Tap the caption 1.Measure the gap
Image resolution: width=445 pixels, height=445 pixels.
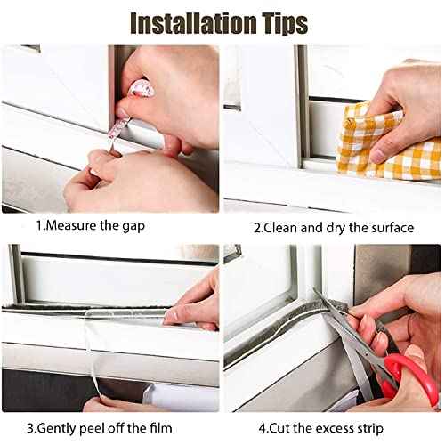[111, 227]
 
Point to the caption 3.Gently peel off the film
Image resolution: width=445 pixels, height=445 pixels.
[111, 426]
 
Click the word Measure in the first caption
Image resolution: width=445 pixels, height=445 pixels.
[105, 227]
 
